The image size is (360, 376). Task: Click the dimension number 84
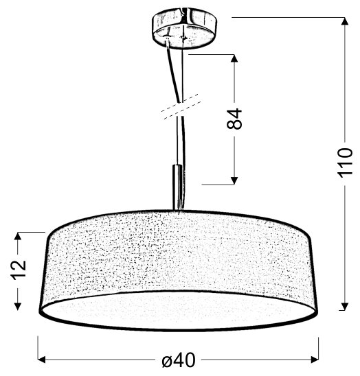234,119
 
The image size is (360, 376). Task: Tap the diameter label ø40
179,360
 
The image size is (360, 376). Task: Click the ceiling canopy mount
184,28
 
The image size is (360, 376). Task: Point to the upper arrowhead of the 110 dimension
345,21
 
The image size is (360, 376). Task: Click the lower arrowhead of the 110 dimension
345,307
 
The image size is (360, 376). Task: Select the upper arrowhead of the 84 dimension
234,58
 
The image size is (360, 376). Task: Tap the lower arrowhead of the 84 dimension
234,180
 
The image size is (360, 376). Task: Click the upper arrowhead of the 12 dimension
18,237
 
